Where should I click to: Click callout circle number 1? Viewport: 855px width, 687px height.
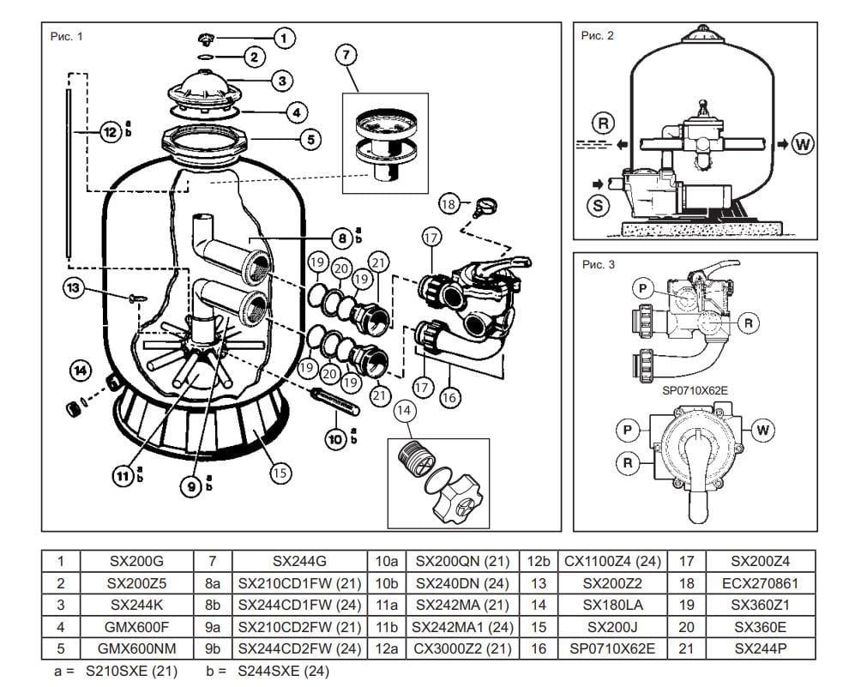point(285,37)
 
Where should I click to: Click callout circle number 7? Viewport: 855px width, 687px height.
point(345,56)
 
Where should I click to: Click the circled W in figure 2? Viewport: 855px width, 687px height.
point(802,143)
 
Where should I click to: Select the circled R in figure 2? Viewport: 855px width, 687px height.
point(604,123)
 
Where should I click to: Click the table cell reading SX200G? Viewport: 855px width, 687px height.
point(136,562)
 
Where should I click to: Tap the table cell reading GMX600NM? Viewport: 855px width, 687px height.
point(136,648)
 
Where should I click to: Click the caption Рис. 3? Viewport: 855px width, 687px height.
point(598,265)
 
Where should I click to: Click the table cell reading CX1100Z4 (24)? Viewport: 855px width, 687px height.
point(612,562)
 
